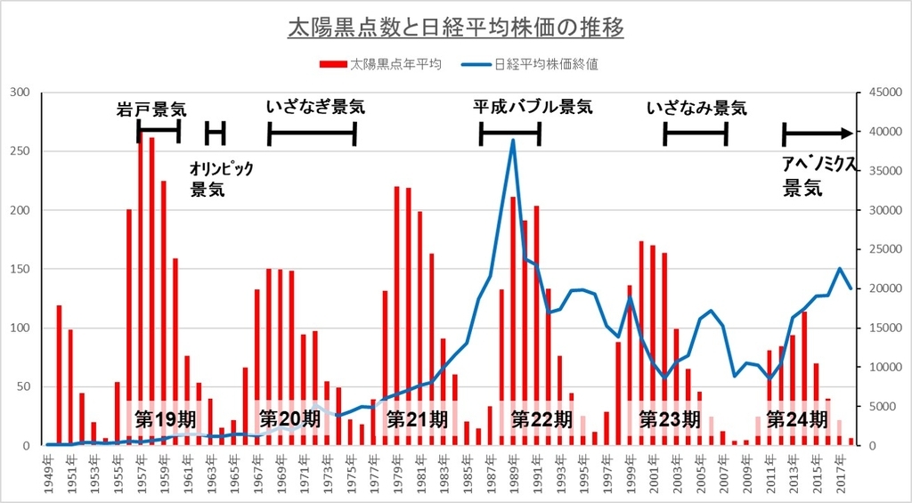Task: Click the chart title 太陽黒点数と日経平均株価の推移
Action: click(x=455, y=28)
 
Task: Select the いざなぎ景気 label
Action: click(x=315, y=108)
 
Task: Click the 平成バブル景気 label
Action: click(x=533, y=108)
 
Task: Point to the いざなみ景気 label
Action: click(x=696, y=108)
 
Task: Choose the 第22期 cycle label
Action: click(x=541, y=418)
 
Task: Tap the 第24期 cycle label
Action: click(x=798, y=418)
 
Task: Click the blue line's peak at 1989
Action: click(x=513, y=140)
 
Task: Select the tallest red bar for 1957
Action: click(x=141, y=285)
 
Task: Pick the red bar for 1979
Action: click(x=396, y=312)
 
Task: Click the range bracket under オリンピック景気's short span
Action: click(x=215, y=134)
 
